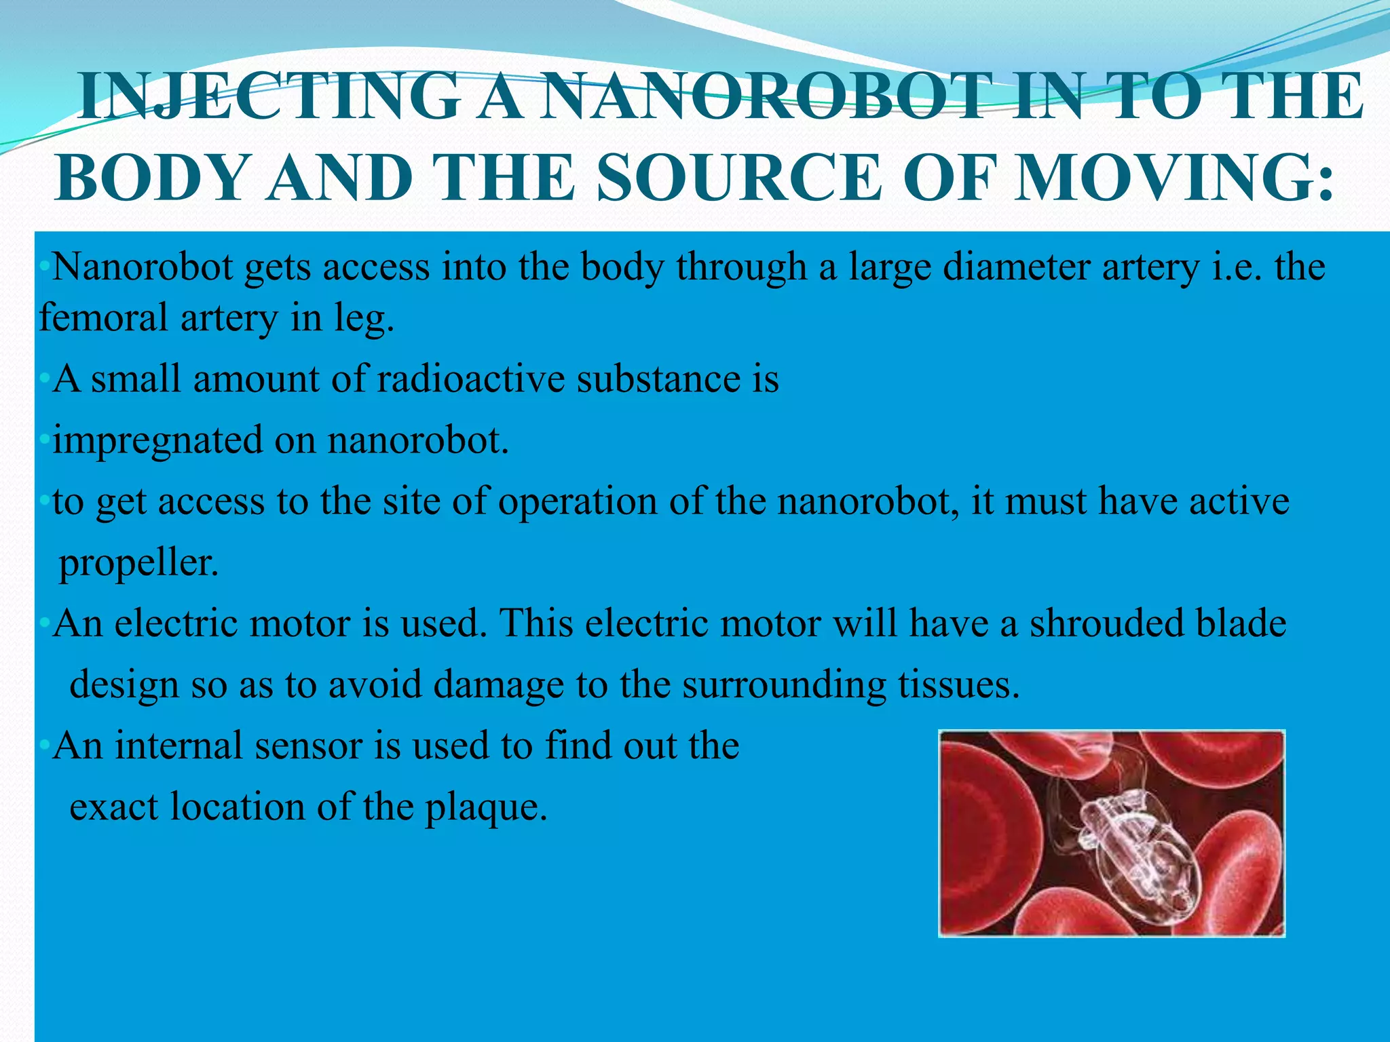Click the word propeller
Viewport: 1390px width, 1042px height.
(x=139, y=563)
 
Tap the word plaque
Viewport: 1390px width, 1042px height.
(x=485, y=807)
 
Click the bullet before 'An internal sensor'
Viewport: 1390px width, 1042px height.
(x=44, y=746)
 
